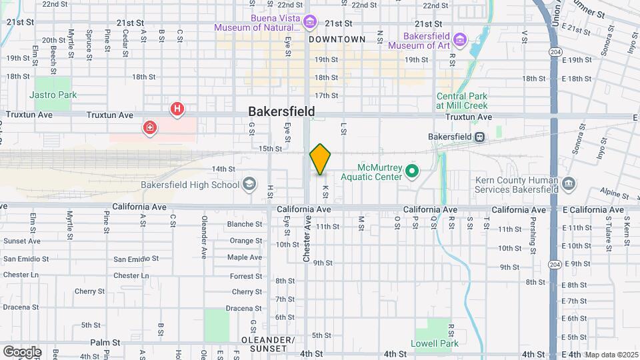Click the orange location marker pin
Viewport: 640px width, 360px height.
[320, 159]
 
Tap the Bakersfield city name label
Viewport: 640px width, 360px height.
[281, 111]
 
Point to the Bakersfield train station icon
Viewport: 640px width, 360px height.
[479, 137]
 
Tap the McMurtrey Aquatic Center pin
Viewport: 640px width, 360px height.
[412, 172]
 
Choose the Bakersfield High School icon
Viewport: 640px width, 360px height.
[249, 185]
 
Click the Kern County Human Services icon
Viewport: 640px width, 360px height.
[568, 185]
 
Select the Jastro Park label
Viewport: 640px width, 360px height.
[55, 95]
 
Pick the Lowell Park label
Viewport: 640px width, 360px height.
[436, 343]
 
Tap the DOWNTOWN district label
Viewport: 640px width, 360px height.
[337, 39]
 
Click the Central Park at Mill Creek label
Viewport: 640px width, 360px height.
[462, 101]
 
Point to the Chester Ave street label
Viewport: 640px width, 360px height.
[307, 238]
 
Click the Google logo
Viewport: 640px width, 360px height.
[21, 352]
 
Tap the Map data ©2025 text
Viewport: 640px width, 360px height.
[610, 355]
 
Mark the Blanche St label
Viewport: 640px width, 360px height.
[244, 224]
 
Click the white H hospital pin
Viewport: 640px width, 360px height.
[177, 109]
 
